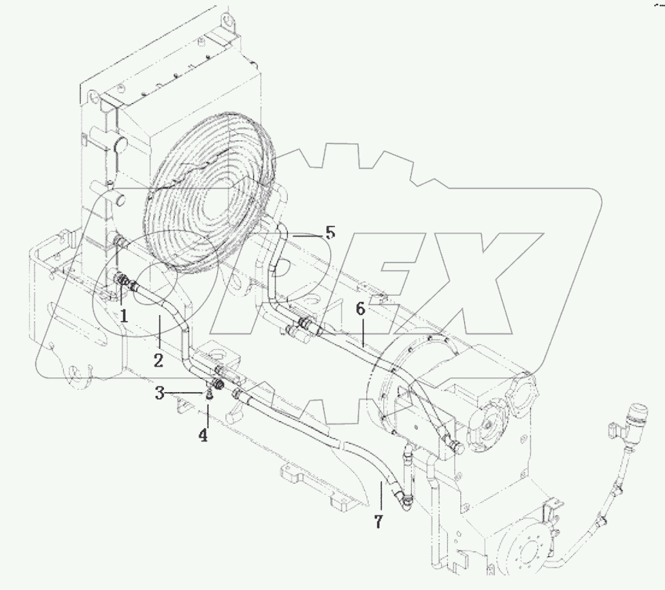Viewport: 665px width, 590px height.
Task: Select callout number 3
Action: point(159,394)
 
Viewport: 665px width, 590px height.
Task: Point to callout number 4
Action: point(203,434)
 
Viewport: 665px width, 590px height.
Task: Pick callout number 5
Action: point(329,232)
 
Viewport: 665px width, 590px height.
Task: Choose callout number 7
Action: point(378,522)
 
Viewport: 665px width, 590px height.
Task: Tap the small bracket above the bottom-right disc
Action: point(548,511)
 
